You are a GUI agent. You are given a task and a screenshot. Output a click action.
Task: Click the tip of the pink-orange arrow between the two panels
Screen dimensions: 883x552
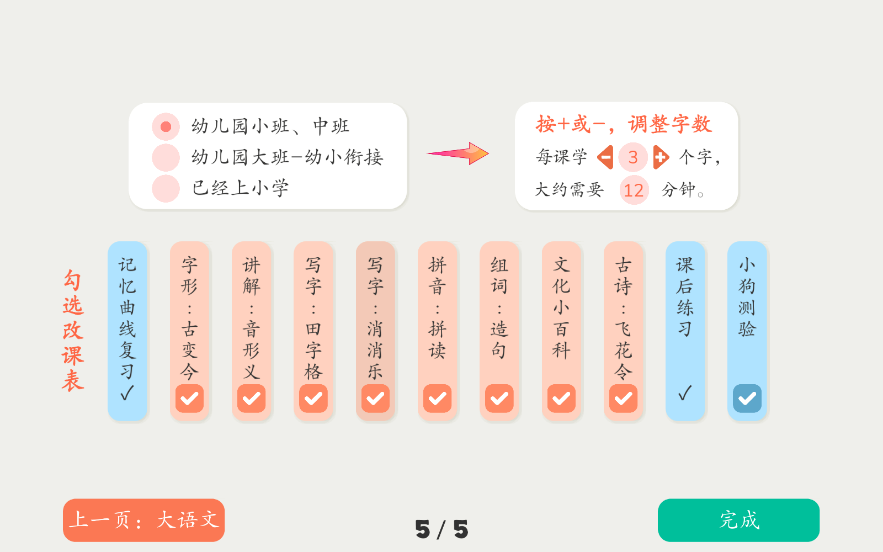click(489, 153)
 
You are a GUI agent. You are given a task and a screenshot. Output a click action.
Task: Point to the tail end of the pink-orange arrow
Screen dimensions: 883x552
click(428, 153)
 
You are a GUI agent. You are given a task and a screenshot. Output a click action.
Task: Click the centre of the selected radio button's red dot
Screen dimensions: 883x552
click(166, 126)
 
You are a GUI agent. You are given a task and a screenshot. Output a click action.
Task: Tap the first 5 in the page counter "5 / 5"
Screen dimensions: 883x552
click(423, 529)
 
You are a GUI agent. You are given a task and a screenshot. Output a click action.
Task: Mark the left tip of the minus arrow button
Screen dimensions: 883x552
click(597, 157)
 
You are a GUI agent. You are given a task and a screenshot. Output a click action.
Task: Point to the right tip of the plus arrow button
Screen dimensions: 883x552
click(669, 157)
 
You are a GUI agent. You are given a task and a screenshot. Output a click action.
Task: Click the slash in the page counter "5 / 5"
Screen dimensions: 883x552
click(441, 529)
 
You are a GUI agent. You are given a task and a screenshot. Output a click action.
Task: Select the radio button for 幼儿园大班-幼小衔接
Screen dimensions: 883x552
click(166, 157)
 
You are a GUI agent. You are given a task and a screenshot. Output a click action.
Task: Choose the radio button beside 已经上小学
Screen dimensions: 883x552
click(166, 188)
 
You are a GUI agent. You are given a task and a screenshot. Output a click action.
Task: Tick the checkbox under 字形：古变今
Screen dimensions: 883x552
click(190, 398)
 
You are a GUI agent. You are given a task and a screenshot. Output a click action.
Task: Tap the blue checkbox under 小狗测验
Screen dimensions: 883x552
click(747, 398)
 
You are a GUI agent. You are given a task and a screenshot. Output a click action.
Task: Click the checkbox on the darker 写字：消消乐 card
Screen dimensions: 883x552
click(375, 398)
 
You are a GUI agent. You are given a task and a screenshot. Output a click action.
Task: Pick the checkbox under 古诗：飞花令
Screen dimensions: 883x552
click(623, 398)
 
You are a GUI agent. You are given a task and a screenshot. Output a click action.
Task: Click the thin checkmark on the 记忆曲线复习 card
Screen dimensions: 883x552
click(127, 392)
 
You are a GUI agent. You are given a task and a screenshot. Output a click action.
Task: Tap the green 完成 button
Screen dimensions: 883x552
click(739, 520)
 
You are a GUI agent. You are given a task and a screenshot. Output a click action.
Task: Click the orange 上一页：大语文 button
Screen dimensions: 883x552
click(144, 520)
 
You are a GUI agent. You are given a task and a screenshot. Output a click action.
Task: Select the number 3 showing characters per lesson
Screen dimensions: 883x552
click(633, 157)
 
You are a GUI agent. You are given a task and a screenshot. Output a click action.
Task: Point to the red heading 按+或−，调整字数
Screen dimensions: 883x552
click(624, 124)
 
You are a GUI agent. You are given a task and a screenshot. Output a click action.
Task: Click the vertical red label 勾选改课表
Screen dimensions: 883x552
click(73, 331)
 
